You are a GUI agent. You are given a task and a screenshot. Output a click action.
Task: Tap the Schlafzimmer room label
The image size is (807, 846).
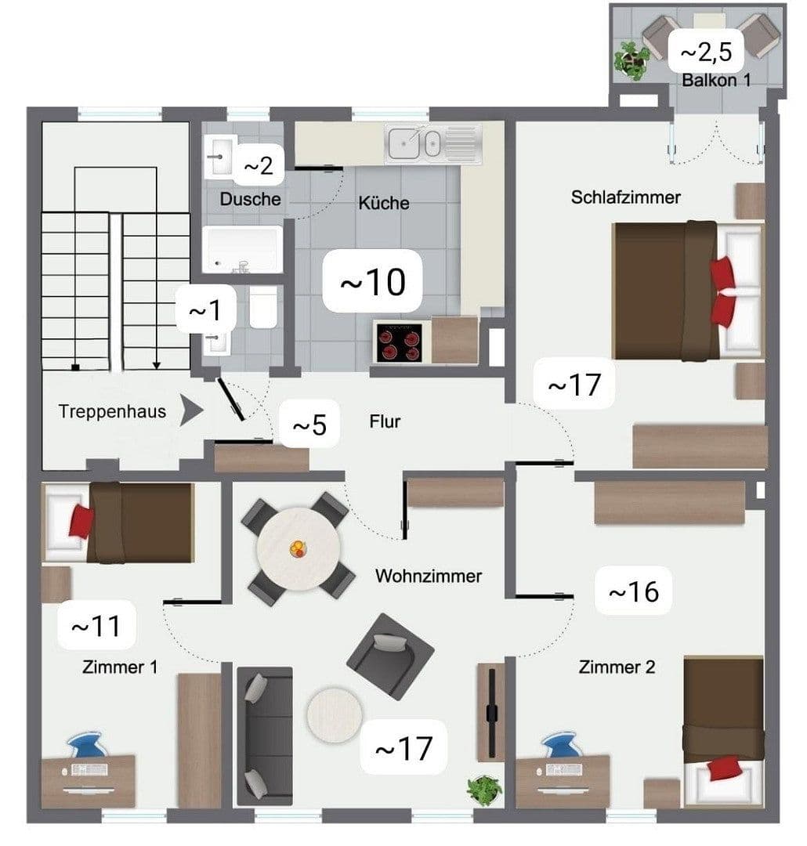coord(625,197)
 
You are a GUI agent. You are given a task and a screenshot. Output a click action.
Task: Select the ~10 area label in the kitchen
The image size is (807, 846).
coord(373,281)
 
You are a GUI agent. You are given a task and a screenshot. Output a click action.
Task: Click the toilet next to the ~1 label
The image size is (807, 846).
coord(263,307)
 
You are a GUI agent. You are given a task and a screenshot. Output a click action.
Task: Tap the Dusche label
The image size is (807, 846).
coord(250,199)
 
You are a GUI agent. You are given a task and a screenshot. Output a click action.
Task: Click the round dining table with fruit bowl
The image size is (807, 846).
coord(295,548)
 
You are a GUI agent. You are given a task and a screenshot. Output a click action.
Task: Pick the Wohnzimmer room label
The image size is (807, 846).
coord(428,577)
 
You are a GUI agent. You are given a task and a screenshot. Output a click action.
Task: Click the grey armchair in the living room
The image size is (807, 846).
coord(390,655)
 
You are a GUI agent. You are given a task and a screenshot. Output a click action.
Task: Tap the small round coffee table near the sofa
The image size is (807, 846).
coord(335,714)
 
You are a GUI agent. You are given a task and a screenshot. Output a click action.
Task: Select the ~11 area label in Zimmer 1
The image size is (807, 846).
coord(96,627)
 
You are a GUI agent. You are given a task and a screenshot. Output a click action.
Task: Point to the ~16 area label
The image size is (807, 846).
coord(633,591)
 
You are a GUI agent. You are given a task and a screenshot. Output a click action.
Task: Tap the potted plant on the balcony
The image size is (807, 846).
coord(631,60)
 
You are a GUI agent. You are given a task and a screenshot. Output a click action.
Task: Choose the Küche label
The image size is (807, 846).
coord(384,203)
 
